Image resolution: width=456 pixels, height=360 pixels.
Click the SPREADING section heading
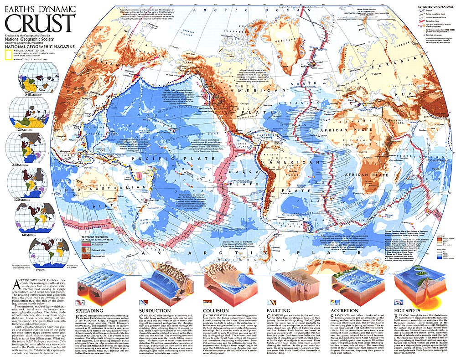[x=88, y=311]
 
